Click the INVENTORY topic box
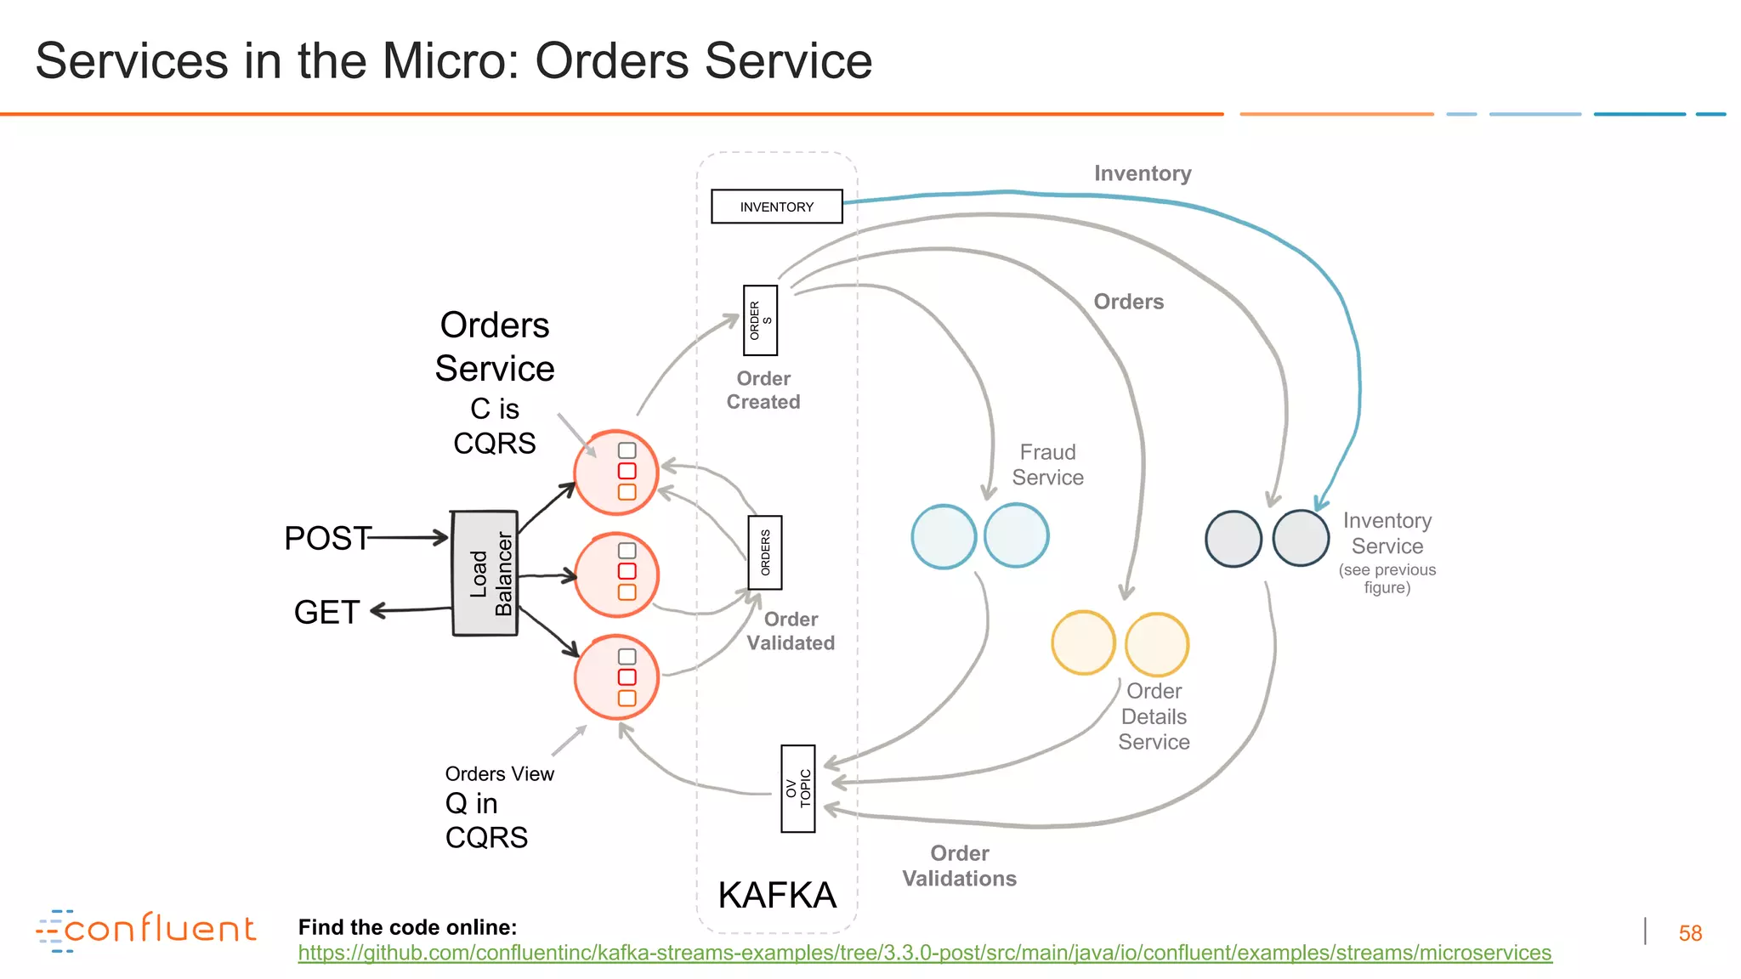[776, 207]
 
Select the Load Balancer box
[485, 574]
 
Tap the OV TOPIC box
[797, 789]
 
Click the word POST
[326, 538]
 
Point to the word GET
[326, 612]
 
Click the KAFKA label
[777, 895]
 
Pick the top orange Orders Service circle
[615, 473]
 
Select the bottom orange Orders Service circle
[616, 677]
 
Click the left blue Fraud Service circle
[944, 536]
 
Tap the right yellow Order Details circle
[1156, 644]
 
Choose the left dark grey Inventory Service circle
[1233, 539]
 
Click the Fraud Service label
[1047, 465]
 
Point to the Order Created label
[763, 390]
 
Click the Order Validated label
[791, 631]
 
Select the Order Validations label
[959, 866]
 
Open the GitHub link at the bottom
[924, 953]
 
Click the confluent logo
[146, 930]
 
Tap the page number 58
[1690, 933]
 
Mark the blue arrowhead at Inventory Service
[1319, 503]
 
